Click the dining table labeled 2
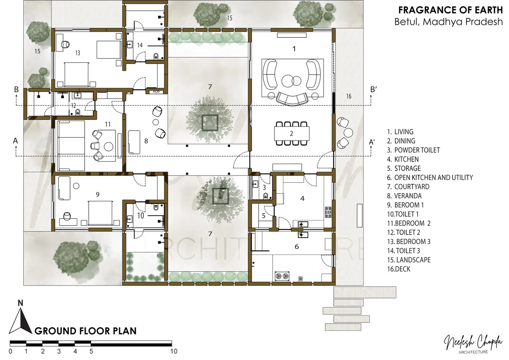(292, 134)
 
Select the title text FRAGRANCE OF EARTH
(450, 10)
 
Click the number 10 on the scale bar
(174, 351)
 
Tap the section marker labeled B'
(374, 90)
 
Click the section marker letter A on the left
(15, 141)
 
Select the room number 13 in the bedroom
(78, 53)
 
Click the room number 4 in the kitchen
(302, 199)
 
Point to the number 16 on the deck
(349, 96)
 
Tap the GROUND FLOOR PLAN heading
(85, 331)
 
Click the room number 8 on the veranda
(146, 141)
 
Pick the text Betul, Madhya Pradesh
(449, 22)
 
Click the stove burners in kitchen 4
(328, 212)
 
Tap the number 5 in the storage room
(263, 216)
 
